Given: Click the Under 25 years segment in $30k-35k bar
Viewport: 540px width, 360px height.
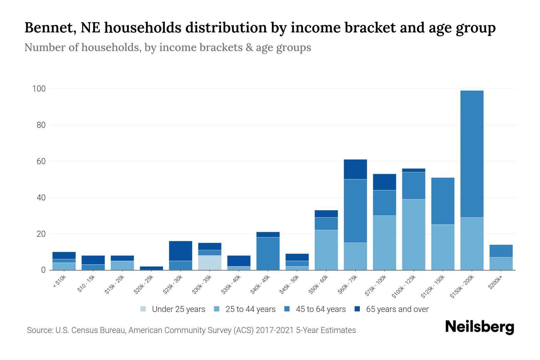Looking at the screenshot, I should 210,262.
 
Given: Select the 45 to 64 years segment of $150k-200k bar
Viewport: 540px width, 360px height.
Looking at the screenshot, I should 472,154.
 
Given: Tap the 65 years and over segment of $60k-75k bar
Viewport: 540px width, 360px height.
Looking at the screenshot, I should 355,169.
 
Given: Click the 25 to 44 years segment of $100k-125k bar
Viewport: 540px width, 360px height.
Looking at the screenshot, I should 414,235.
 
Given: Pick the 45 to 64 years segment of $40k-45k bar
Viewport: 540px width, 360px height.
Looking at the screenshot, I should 268,253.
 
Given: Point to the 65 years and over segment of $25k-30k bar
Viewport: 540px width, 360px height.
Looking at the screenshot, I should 181,251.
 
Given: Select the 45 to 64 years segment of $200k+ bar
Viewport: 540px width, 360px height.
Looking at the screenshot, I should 501,251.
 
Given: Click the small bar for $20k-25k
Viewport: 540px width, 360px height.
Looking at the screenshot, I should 151,268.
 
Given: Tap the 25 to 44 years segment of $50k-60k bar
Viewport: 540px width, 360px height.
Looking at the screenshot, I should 326,250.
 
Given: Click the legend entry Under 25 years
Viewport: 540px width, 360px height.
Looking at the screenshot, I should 178,309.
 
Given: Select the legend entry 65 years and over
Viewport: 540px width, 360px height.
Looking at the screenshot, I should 397,309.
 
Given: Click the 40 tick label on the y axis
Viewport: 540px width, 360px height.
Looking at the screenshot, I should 41,198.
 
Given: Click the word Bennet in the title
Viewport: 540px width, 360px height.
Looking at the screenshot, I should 48,28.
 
